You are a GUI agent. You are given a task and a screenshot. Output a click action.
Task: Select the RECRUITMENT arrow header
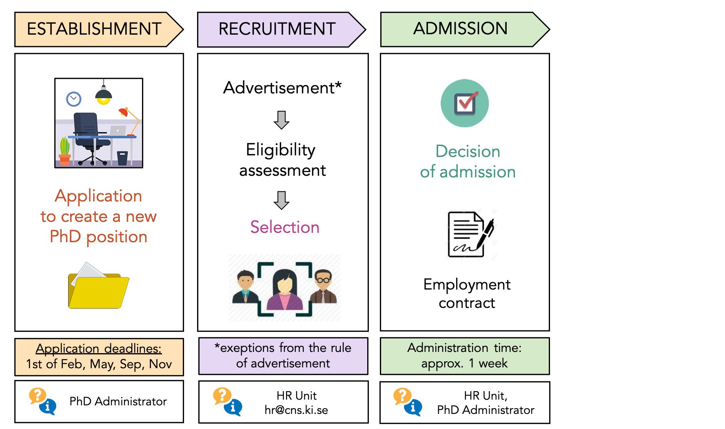277,29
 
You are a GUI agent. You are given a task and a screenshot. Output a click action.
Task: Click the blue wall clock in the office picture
74,99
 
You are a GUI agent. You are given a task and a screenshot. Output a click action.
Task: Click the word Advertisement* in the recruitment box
282,88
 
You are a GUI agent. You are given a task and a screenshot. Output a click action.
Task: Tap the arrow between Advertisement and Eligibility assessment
282,120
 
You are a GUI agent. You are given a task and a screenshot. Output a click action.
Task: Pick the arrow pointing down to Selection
282,200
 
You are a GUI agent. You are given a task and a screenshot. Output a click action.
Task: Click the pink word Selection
285,227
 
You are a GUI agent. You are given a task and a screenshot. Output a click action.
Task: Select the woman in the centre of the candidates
284,290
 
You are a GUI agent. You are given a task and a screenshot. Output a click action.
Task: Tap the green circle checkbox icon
465,103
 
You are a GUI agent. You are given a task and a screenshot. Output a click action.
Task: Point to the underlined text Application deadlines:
99,349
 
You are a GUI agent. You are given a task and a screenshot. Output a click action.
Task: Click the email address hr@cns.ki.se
296,410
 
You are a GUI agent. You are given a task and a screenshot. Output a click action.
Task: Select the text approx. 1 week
464,363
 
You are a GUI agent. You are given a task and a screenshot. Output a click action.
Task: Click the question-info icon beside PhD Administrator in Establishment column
42,401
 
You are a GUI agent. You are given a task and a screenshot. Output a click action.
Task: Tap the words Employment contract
467,294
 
